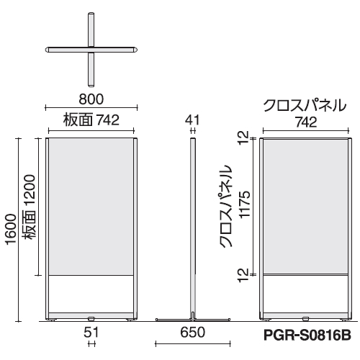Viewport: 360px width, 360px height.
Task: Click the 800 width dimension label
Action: pos(91,99)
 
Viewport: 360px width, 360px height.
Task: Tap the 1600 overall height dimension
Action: pos(12,230)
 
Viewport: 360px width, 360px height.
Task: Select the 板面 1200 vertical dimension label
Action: pos(30,207)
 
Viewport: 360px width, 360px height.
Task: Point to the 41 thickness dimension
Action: pos(192,120)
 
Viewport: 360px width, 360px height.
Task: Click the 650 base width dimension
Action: pos(193,332)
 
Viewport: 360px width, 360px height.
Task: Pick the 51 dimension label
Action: pos(91,333)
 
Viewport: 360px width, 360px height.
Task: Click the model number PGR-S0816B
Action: pos(307,335)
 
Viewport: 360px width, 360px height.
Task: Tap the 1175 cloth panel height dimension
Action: pos(245,204)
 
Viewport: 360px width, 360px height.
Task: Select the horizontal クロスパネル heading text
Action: pos(305,105)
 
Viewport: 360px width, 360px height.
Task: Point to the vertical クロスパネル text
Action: pos(225,206)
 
